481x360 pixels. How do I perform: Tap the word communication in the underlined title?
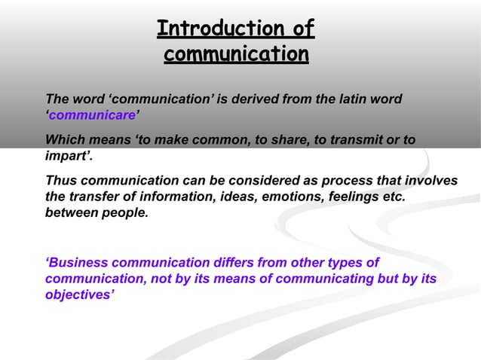(x=236, y=55)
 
